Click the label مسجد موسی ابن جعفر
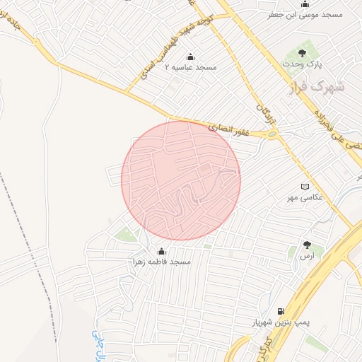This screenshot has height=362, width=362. (305, 14)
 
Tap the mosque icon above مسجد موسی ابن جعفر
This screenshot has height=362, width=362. (305, 4)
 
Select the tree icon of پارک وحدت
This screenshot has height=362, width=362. (302, 52)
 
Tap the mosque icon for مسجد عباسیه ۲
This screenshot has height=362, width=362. (189, 57)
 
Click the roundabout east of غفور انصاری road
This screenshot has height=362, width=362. (272, 133)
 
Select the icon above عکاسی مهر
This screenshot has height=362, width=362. (305, 186)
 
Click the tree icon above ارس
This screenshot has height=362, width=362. (307, 245)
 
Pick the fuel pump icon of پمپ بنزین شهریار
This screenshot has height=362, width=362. (281, 311)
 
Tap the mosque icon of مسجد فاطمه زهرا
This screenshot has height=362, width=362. (161, 251)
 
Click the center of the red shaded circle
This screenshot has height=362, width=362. (181, 181)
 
